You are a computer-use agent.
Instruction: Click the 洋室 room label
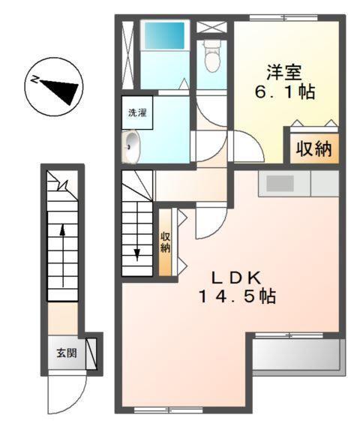(x=284, y=73)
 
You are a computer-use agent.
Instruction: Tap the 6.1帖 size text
(x=284, y=94)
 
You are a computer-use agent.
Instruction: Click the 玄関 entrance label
(x=65, y=353)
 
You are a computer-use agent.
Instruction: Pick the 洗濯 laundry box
(x=136, y=113)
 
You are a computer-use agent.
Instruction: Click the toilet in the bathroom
(x=212, y=55)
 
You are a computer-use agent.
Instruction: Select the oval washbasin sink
(x=133, y=147)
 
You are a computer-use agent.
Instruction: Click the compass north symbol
(x=54, y=86)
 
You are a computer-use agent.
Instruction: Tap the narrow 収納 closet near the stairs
(x=166, y=242)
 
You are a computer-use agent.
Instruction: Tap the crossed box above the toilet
(x=213, y=26)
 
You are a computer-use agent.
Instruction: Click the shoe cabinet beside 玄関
(x=91, y=352)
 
